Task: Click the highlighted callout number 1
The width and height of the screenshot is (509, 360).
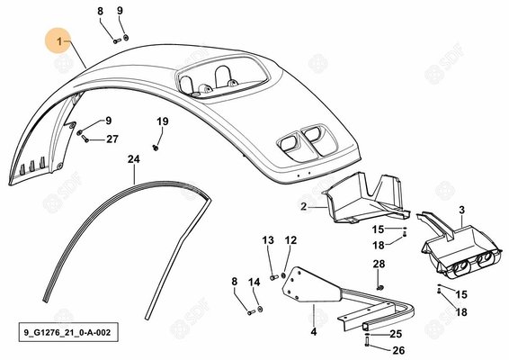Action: click(x=59, y=41)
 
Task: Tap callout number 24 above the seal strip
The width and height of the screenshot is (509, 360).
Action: click(x=133, y=159)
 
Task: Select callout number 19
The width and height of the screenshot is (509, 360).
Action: click(x=163, y=121)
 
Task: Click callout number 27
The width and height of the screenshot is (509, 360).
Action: click(x=112, y=139)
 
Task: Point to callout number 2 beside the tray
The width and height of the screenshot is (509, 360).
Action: click(x=304, y=206)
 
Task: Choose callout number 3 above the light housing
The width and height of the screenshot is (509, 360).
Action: click(x=462, y=210)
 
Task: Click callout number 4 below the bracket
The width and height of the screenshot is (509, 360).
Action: click(x=313, y=332)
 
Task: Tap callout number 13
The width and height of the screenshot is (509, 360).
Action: click(x=268, y=240)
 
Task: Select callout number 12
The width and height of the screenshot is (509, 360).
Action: click(x=290, y=240)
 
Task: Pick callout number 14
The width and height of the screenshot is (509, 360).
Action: click(x=254, y=282)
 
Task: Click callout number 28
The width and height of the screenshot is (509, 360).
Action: click(x=379, y=265)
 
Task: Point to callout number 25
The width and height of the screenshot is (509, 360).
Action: click(x=396, y=334)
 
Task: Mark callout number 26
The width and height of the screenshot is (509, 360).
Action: click(x=398, y=350)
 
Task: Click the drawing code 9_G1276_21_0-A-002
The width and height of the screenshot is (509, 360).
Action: click(x=67, y=332)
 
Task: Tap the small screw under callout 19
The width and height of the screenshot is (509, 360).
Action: click(x=156, y=148)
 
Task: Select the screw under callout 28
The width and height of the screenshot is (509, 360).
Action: click(x=380, y=287)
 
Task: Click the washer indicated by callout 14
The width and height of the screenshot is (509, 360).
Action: click(x=260, y=309)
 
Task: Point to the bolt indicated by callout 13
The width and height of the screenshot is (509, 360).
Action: click(x=274, y=277)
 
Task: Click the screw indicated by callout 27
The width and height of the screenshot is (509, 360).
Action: click(x=85, y=139)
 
